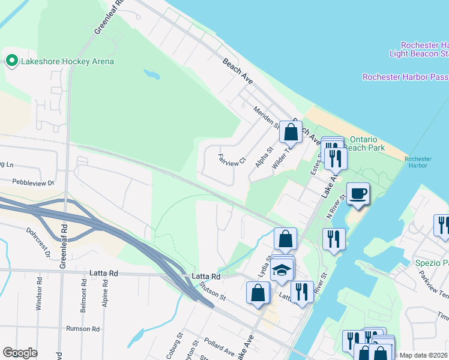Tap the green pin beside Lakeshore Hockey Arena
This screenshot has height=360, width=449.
coord(11,61)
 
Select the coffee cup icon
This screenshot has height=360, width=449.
coord(358,194)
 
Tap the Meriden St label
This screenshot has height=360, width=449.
coord(266,115)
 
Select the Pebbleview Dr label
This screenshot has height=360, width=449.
coord(32,182)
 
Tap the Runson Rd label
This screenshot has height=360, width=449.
coord(82,329)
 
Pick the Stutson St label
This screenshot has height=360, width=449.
coord(213,292)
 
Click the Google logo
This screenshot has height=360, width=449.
coord(20,352)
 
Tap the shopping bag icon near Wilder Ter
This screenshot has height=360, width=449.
coord(291,131)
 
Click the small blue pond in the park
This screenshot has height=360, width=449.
coord(152,75)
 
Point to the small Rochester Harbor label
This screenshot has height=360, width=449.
coord(418,163)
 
